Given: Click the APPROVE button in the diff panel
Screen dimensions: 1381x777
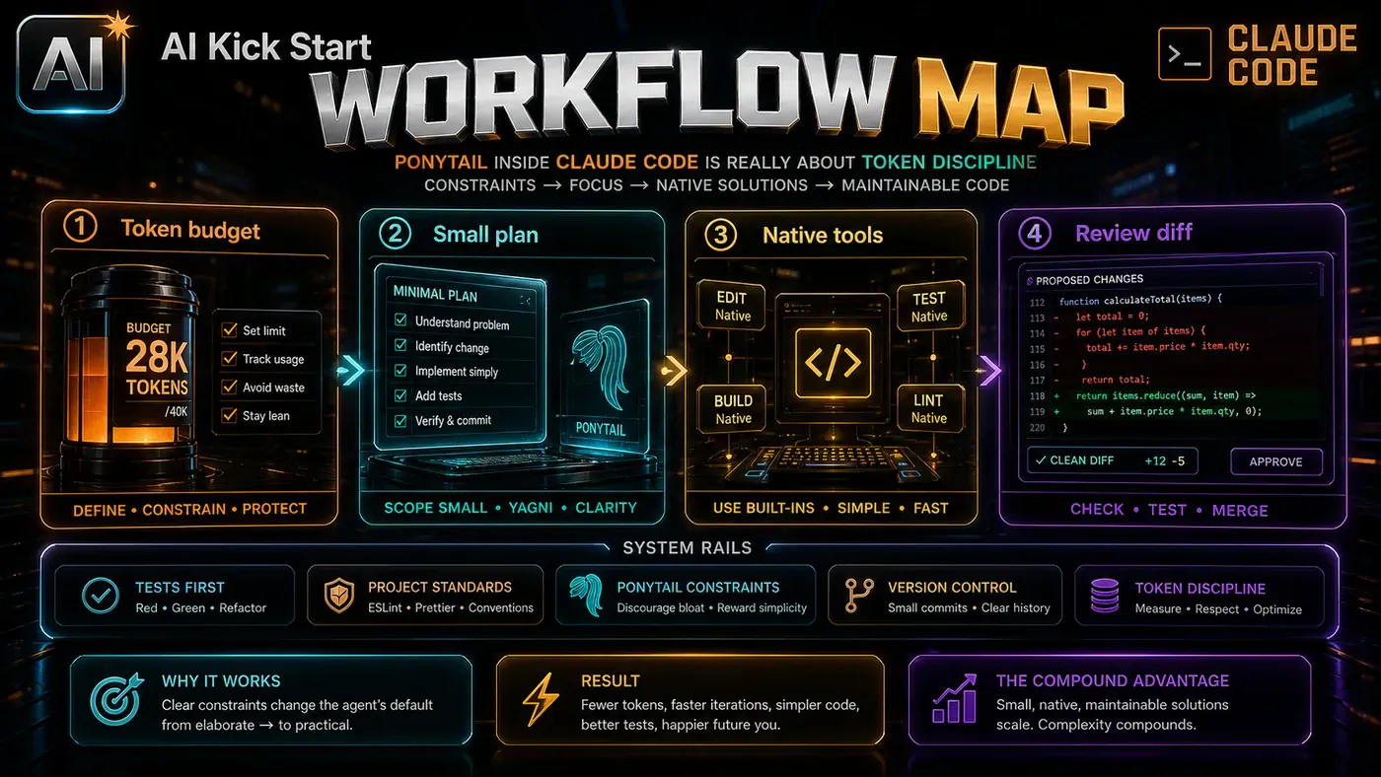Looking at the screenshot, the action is (1276, 461).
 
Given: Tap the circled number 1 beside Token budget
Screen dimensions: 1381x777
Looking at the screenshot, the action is (80, 227).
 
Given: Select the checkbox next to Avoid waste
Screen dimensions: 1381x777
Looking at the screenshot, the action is (229, 387).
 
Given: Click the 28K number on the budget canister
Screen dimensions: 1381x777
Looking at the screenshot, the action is (157, 357).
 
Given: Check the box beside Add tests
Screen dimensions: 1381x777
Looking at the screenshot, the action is (400, 395).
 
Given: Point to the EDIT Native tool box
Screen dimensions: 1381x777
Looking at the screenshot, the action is (732, 307).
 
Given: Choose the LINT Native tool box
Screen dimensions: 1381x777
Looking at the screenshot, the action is (929, 409).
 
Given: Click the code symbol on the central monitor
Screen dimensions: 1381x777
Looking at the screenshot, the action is (833, 363).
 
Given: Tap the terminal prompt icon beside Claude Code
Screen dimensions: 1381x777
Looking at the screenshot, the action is (1185, 54).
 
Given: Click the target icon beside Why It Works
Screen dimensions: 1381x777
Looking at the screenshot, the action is (116, 700).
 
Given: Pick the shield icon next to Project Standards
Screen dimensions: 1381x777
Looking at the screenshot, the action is (339, 596).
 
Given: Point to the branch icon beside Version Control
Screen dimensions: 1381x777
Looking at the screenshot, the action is (859, 596).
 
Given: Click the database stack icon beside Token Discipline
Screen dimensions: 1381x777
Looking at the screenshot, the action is (1105, 596).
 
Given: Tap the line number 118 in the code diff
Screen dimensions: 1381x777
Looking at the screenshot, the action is (1037, 396).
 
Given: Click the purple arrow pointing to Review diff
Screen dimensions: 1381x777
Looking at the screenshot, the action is (988, 371).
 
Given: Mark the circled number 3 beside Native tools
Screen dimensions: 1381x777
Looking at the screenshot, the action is (720, 235).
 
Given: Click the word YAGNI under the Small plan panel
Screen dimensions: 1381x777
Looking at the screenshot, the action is (531, 508).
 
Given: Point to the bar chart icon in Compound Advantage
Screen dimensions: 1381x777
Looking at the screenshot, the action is (955, 698).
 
